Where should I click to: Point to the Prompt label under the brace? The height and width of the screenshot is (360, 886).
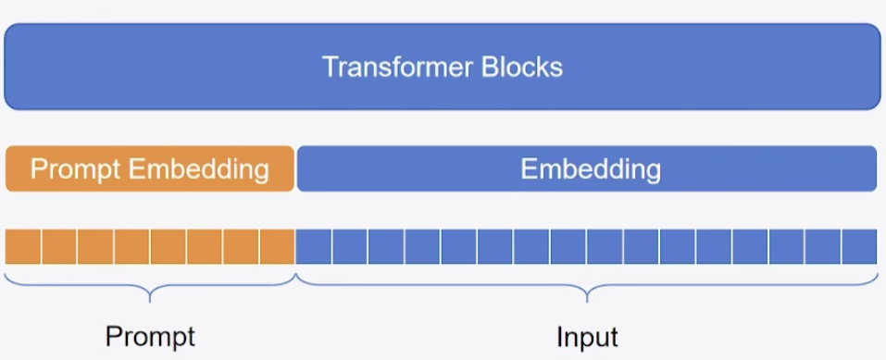coord(150,335)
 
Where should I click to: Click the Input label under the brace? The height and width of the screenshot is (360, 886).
coord(587,335)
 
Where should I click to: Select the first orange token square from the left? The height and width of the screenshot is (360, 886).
coord(23,247)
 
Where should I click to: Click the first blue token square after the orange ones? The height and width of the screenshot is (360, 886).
coord(314,247)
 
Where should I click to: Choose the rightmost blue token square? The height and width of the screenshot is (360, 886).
coord(859,247)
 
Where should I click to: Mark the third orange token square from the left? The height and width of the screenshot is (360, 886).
coord(95,247)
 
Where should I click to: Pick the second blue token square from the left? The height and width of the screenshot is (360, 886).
coord(350,247)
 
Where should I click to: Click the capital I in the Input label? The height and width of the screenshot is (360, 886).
coord(559,335)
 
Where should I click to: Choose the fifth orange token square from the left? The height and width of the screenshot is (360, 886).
coord(168,247)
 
